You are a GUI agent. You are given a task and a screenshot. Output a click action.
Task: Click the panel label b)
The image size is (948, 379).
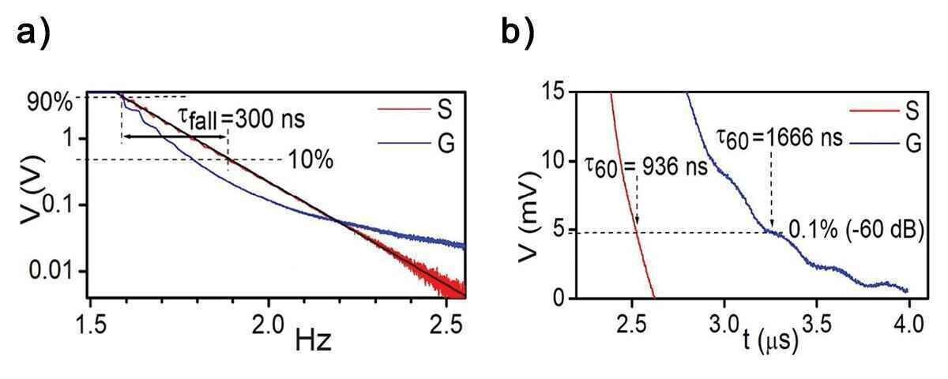[x=518, y=32]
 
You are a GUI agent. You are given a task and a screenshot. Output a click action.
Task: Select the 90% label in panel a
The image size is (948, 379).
[x=50, y=103]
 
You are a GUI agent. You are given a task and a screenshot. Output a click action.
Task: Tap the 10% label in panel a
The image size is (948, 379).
[x=310, y=160]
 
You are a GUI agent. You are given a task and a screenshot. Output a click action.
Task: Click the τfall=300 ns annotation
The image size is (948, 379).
[x=241, y=120]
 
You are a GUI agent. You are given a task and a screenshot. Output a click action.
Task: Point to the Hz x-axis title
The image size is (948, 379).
[x=313, y=342]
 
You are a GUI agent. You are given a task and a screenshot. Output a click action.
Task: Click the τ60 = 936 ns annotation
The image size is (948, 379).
[x=646, y=168]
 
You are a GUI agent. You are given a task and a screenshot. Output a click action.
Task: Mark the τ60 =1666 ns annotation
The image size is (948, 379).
[x=780, y=139]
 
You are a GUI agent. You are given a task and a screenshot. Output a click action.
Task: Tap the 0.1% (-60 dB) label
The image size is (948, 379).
[x=856, y=231]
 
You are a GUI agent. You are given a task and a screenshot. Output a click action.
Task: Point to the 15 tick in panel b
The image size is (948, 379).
[x=554, y=92]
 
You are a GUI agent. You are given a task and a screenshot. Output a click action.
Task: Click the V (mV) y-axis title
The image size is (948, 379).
[x=529, y=215]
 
